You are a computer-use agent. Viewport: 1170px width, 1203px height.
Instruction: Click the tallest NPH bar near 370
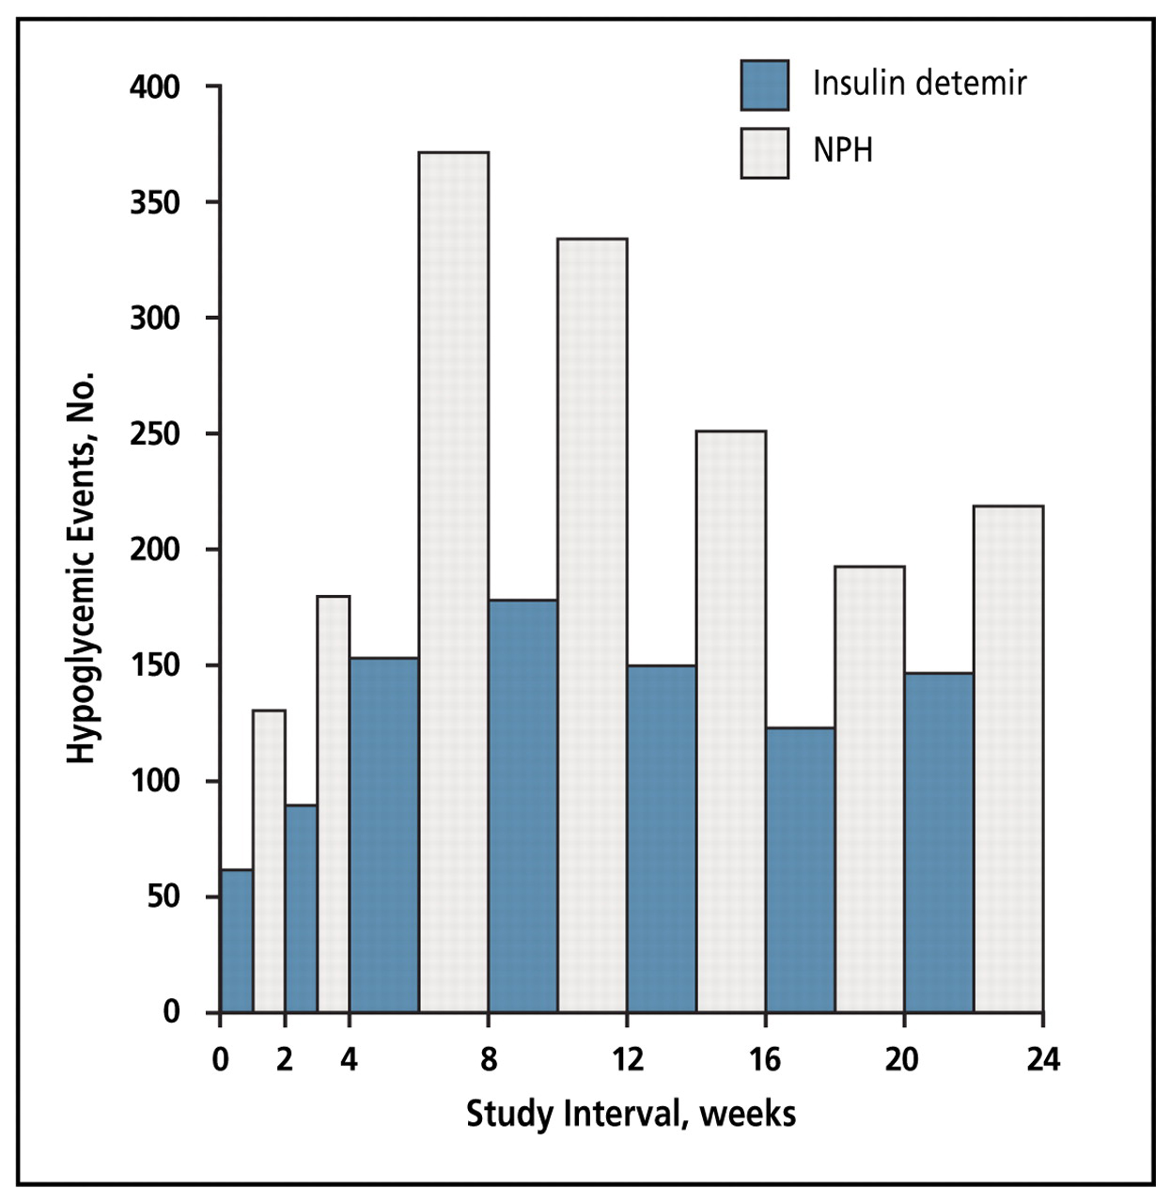point(453,583)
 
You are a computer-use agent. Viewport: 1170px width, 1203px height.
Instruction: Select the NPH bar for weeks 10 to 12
point(592,625)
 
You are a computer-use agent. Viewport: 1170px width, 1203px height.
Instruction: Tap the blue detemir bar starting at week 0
point(236,940)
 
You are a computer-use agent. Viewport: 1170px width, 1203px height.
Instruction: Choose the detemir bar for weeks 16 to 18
point(800,869)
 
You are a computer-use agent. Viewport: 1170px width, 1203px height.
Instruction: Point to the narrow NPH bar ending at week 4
point(333,804)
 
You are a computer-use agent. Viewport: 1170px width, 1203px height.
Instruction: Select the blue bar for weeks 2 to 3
point(301,908)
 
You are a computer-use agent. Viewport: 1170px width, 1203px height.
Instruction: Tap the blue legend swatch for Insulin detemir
point(764,86)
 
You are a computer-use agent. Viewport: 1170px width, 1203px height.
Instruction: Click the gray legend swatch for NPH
point(764,153)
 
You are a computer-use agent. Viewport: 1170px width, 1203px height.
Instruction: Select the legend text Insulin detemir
point(919,84)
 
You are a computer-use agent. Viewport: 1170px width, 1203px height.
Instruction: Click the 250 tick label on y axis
point(154,434)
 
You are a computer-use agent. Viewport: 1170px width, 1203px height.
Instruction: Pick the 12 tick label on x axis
point(627,1060)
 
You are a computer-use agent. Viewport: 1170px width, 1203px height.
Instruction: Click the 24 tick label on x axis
point(1042,1060)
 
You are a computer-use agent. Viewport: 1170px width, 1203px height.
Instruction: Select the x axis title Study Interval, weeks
point(631,1114)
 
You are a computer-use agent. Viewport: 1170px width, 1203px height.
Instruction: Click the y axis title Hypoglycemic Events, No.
point(82,569)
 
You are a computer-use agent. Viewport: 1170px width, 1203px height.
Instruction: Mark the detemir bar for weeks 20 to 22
point(939,842)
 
